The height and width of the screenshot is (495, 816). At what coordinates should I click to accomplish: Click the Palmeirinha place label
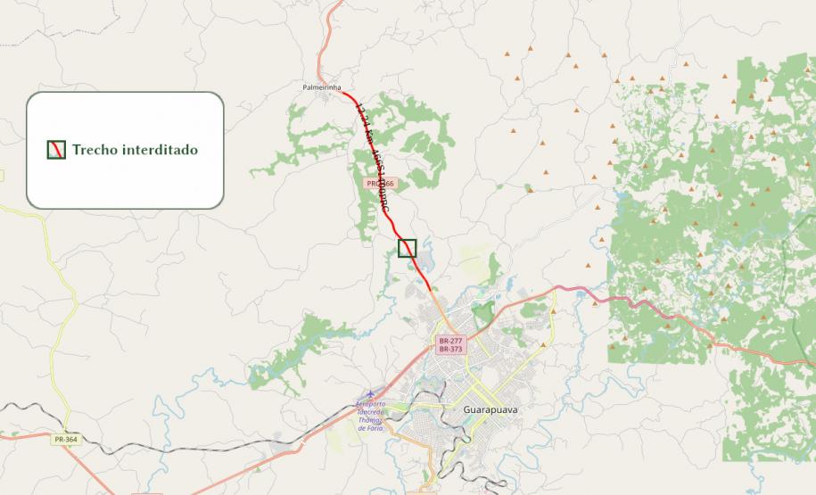tap(322, 87)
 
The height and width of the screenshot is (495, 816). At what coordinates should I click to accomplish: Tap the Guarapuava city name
tap(490, 409)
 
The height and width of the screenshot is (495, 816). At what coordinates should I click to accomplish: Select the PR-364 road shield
tap(63, 440)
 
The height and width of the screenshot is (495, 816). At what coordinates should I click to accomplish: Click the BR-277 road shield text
tap(450, 341)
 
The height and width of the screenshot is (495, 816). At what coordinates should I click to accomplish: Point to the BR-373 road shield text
tap(450, 350)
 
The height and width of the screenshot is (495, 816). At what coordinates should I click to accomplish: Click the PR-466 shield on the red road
tap(379, 183)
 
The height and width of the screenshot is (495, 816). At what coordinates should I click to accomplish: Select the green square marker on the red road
tap(408, 247)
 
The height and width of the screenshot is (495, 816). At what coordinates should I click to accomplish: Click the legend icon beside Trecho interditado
tap(56, 150)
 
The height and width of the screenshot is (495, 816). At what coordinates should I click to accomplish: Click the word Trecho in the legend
tap(94, 150)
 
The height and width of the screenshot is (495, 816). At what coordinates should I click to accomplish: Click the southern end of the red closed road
tap(433, 289)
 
